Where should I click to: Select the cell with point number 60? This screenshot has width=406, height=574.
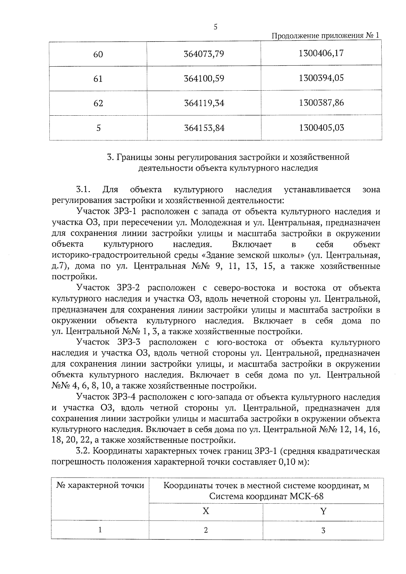coord(98,54)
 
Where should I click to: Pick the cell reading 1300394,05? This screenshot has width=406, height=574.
coord(321,78)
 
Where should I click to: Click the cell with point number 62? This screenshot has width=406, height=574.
coord(98,103)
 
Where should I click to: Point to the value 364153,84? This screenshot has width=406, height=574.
coord(204,128)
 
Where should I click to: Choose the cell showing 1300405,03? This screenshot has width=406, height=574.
coord(321,128)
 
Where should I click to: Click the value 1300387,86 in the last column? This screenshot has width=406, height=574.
coord(321,103)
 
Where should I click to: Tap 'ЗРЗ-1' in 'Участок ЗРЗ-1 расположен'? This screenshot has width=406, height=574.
coord(123,212)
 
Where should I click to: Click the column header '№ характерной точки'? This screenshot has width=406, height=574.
coord(100,486)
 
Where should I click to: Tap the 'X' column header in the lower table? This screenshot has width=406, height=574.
coord(206,511)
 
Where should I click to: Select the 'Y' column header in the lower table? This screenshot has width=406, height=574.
coord(323,511)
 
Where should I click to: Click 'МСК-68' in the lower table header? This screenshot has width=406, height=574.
coord(307,497)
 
